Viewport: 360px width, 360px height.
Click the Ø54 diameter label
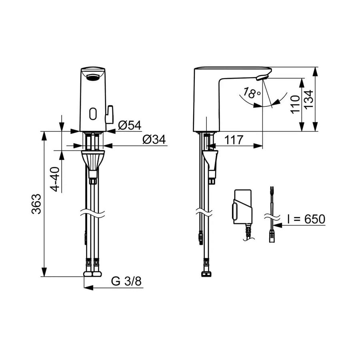pyautogui.click(x=130, y=125)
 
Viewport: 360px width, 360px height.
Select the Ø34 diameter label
pyautogui.click(x=154, y=139)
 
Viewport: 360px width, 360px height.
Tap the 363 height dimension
pyautogui.click(x=36, y=204)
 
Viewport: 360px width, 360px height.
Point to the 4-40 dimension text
pyautogui.click(x=55, y=179)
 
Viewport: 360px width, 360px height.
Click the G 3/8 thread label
pyautogui.click(x=126, y=281)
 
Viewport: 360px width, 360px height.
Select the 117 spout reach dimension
pyautogui.click(x=234, y=140)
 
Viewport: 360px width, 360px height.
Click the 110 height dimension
pyautogui.click(x=295, y=105)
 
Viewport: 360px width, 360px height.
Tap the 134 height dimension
pyautogui.click(x=308, y=99)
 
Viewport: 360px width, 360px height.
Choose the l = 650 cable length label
pyautogui.click(x=306, y=219)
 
